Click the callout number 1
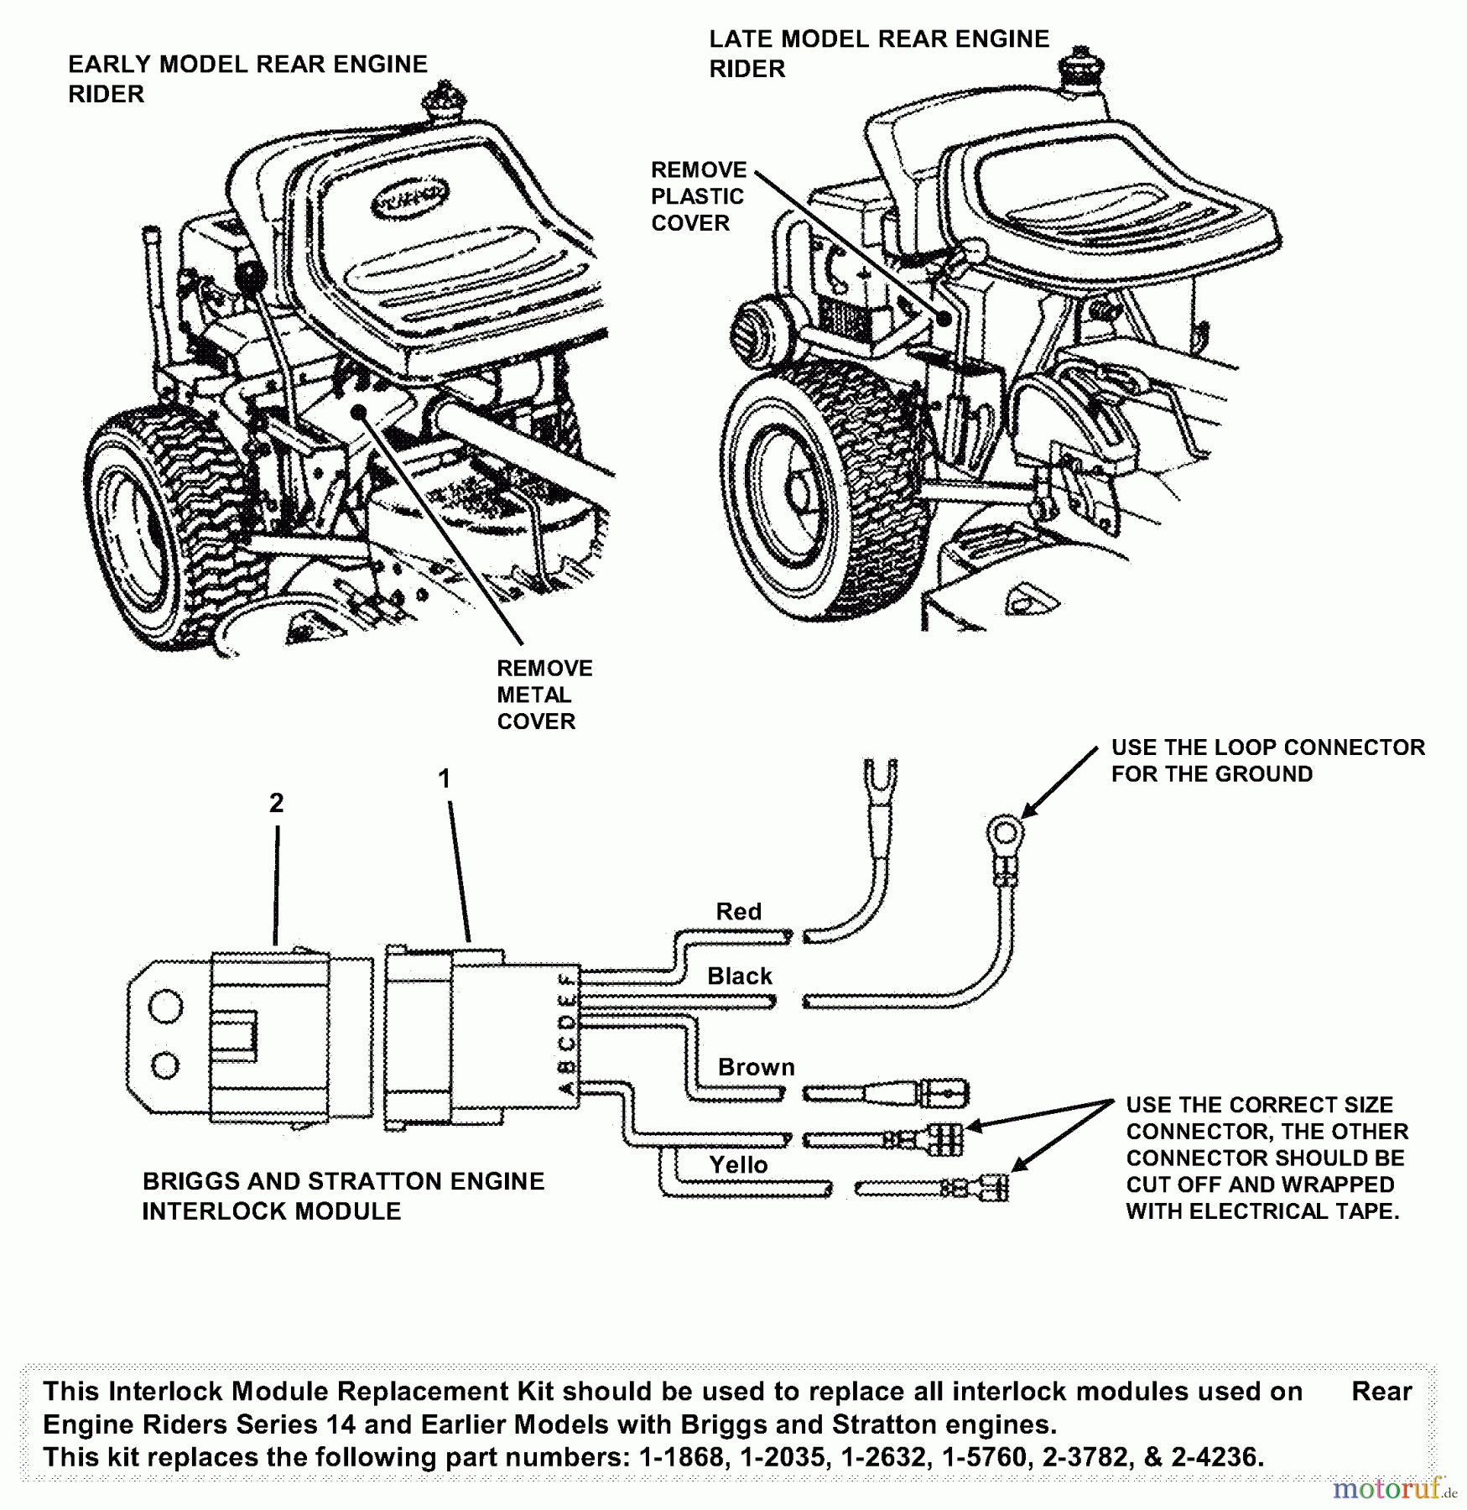[x=445, y=779]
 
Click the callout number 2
[x=277, y=804]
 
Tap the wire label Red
[x=738, y=912]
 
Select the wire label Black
[x=739, y=976]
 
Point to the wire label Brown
[x=756, y=1068]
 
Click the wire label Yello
[x=738, y=1165]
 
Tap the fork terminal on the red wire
[x=879, y=776]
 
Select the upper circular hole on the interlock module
[x=166, y=1007]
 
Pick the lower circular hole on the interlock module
[x=165, y=1065]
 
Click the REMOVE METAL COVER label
[x=544, y=695]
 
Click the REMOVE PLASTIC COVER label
[x=698, y=197]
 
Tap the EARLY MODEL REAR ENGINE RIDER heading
[x=247, y=79]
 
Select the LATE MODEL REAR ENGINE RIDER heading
[x=878, y=54]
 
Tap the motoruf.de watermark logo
[x=1392, y=1489]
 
